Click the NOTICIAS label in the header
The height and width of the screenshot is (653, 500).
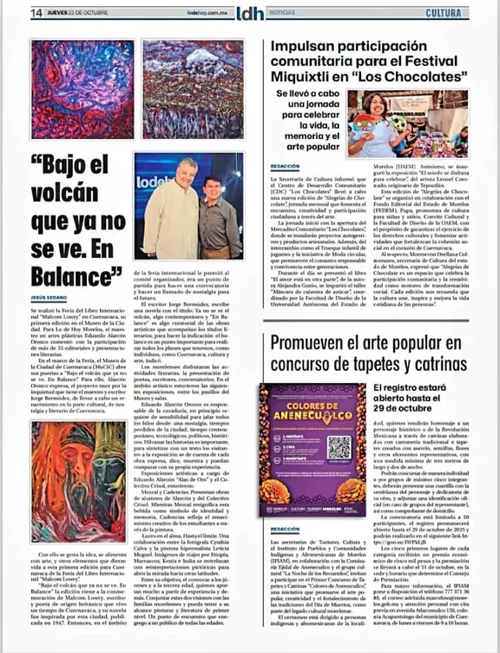point(281,13)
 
